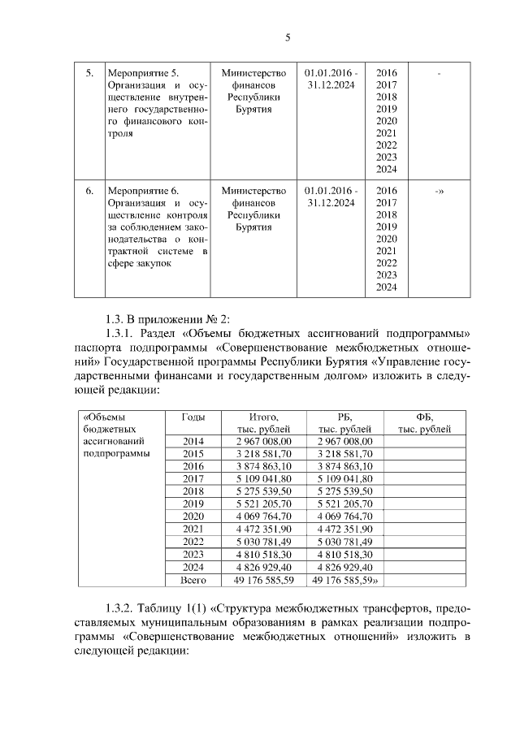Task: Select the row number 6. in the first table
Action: click(x=90, y=191)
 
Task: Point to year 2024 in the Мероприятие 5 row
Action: click(x=387, y=169)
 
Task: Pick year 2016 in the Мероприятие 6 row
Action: click(x=387, y=191)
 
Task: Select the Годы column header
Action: click(x=193, y=417)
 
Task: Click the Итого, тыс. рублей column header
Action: click(x=258, y=422)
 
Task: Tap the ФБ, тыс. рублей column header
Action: click(x=424, y=422)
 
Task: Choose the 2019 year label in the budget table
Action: click(x=193, y=504)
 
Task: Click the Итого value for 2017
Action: click(x=258, y=479)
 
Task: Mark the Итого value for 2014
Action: click(x=258, y=441)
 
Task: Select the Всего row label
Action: click(x=193, y=580)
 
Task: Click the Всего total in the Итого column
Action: click(x=258, y=580)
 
